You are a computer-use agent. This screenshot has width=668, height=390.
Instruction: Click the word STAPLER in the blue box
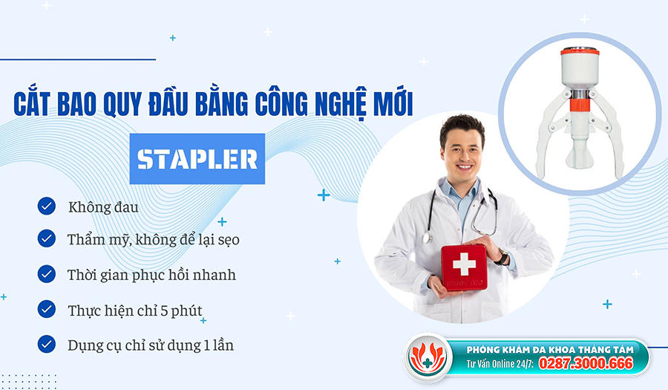point(197,160)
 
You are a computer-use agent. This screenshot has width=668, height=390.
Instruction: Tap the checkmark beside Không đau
point(47,207)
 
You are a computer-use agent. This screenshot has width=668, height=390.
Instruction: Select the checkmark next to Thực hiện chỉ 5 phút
point(47,309)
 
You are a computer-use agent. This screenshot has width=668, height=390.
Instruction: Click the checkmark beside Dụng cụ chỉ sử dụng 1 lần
point(47,344)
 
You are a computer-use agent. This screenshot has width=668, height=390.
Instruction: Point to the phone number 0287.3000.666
point(586,363)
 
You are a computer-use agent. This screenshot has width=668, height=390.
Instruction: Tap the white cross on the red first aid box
point(464,264)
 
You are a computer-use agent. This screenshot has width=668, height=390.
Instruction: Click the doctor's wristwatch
point(503,257)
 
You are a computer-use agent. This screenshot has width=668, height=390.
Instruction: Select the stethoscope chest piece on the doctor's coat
point(427,238)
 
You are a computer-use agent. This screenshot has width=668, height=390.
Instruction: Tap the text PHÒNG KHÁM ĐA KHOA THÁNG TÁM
point(550,350)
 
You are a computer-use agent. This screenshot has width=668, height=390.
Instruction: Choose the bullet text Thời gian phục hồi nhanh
point(151,276)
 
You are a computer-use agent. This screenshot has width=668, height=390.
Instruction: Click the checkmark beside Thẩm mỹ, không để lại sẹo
point(47,238)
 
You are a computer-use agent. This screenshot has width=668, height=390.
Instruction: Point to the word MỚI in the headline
point(396,103)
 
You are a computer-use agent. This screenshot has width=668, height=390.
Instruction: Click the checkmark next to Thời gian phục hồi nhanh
point(47,274)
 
